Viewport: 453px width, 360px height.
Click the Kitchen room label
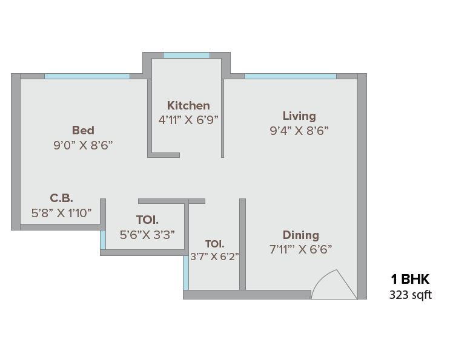pyautogui.click(x=188, y=105)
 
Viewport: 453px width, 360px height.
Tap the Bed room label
pyautogui.click(x=83, y=130)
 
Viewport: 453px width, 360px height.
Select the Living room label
pyautogui.click(x=299, y=116)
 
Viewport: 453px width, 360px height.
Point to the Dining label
pyautogui.click(x=300, y=235)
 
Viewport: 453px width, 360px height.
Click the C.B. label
pyautogui.click(x=61, y=198)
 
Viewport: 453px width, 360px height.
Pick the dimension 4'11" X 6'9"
pyautogui.click(x=188, y=120)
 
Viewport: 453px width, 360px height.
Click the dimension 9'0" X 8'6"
pyautogui.click(x=83, y=145)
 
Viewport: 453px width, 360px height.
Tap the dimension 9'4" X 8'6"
pyautogui.click(x=299, y=130)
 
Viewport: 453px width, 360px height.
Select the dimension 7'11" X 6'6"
pyautogui.click(x=300, y=249)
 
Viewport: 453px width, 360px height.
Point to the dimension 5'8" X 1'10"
pyautogui.click(x=61, y=212)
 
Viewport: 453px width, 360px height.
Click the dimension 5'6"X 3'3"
pyautogui.click(x=148, y=234)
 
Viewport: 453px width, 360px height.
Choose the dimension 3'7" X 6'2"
pyautogui.click(x=214, y=256)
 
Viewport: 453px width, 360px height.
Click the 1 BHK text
pyautogui.click(x=410, y=279)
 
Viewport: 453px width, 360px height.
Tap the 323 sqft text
pyautogui.click(x=410, y=295)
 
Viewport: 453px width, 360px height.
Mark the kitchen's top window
pyautogui.click(x=187, y=56)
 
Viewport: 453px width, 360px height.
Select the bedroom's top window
pyautogui.click(x=87, y=76)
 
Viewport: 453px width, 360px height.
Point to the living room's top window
pyautogui.click(x=290, y=76)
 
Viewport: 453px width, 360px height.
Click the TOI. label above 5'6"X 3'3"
pyautogui.click(x=147, y=220)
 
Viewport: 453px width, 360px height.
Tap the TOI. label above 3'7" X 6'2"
pyautogui.click(x=214, y=244)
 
